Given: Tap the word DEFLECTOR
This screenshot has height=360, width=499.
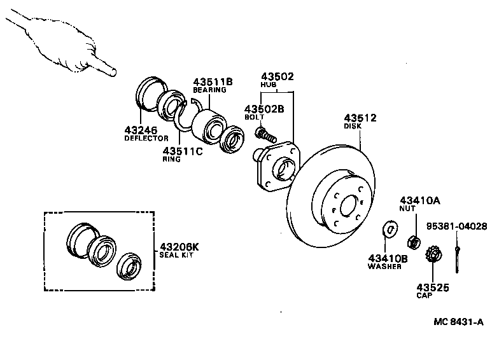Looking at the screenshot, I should (x=146, y=138).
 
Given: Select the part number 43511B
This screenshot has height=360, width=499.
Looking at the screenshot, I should (x=214, y=81).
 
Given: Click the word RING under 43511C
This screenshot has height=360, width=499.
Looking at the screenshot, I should (x=172, y=160).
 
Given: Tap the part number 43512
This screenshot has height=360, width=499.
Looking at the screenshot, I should (x=360, y=118).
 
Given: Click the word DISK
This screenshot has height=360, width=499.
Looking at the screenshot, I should (x=353, y=126).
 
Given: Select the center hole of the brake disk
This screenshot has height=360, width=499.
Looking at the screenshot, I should (x=349, y=206).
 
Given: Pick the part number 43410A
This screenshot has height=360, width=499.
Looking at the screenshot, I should (x=419, y=200).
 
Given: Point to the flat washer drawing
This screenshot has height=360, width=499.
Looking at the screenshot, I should (x=390, y=227).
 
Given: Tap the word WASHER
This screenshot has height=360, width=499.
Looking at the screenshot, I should (x=385, y=267).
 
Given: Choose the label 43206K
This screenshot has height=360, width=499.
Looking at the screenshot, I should (x=179, y=247).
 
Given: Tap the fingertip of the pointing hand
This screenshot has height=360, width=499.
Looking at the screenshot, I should (x=113, y=73).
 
